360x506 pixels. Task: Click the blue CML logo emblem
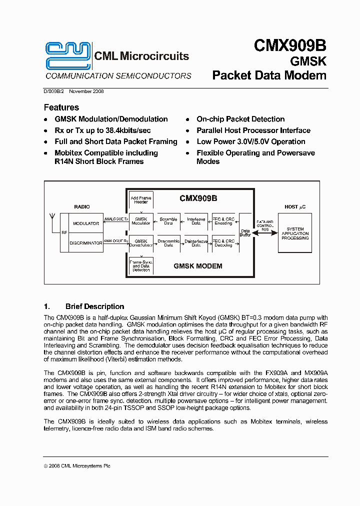point(68,55)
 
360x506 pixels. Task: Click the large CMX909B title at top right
point(290,45)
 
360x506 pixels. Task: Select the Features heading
point(61,107)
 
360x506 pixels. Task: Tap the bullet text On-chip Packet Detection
point(240,119)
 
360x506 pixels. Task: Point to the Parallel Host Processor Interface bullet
point(253,130)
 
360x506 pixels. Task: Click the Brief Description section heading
point(94,306)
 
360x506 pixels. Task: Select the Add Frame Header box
point(141,200)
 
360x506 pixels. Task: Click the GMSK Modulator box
point(141,221)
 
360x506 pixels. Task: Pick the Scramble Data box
point(168,221)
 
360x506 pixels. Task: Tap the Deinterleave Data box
point(196,243)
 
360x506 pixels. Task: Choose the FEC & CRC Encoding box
point(223,221)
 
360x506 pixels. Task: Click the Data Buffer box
point(245,232)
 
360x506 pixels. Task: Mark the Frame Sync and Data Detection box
point(141,264)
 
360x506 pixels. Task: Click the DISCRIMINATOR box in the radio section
point(85,243)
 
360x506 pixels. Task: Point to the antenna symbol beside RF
point(52,218)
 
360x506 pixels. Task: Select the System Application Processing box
point(295,233)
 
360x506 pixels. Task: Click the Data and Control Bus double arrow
point(265,233)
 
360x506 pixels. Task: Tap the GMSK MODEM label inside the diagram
point(198,266)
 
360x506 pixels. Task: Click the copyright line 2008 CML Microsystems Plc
point(77,465)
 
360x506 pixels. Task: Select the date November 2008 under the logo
point(86,91)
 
